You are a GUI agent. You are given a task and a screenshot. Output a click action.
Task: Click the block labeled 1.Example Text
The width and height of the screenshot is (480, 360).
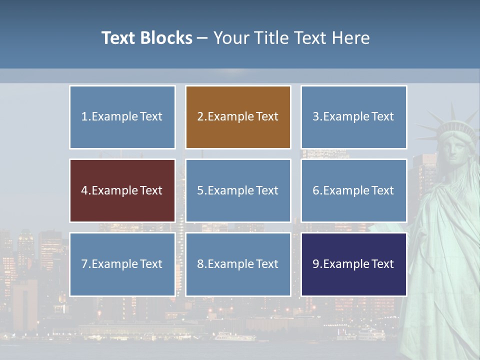coord(122,117)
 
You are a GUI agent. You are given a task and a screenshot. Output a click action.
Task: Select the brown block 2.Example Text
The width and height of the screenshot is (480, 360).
coord(238,117)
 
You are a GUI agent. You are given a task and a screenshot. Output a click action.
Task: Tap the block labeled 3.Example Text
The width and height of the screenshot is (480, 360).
coord(353,117)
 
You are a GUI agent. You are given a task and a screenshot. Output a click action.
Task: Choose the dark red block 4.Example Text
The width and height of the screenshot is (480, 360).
coord(122,190)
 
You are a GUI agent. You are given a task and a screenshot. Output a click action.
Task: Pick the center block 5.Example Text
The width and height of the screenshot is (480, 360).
coord(238,190)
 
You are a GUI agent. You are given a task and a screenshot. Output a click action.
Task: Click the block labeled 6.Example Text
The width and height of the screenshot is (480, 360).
coord(353,190)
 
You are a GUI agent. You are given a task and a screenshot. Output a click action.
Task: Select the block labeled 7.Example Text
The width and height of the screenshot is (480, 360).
coord(122,264)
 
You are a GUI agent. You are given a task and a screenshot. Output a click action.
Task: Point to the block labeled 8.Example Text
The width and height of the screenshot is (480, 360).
coord(238,264)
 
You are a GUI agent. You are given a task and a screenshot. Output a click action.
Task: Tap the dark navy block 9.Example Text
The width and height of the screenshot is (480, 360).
coord(353,264)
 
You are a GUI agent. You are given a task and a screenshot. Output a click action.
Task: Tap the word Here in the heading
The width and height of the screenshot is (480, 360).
coord(350,38)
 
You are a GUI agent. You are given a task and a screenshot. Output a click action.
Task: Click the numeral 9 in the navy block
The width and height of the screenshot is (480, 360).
coord(316,264)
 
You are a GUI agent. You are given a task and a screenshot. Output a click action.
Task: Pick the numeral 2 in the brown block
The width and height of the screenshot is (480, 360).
coord(200,117)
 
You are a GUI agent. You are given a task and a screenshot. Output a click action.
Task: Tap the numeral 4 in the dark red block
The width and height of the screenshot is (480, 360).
coord(84,190)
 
